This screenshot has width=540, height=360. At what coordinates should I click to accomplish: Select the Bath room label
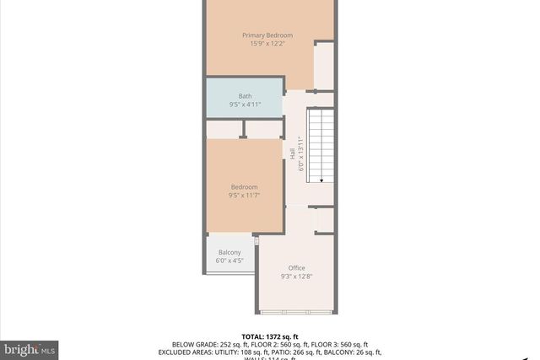tap(245, 96)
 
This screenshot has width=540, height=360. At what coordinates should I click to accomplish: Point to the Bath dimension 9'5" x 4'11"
tap(245, 105)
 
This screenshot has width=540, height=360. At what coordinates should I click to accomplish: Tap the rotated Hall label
tap(293, 154)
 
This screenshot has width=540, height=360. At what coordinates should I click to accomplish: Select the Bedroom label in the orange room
tap(245, 186)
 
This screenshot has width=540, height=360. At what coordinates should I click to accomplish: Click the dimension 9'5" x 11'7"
tap(245, 196)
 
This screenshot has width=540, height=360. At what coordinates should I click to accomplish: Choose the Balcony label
tap(229, 253)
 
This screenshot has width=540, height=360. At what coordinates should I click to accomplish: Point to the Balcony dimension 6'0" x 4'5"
tap(229, 261)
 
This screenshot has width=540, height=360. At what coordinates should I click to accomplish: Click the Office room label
tap(296, 267)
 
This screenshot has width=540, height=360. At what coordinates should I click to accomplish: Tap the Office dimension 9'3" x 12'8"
tap(296, 277)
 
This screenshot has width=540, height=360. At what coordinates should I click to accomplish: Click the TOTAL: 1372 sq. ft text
tap(271, 336)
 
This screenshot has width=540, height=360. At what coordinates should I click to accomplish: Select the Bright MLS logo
tap(30, 347)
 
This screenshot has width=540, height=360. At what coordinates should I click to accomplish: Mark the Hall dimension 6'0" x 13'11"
tap(301, 154)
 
